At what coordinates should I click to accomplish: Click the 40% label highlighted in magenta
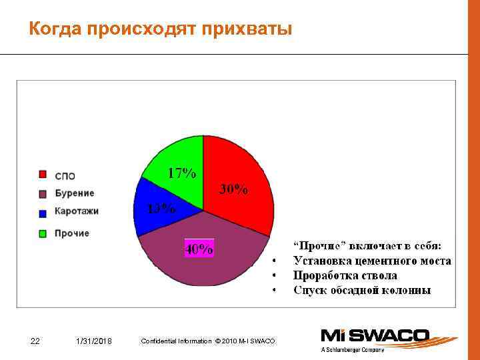tap(199, 249)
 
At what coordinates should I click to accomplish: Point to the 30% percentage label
tap(234, 189)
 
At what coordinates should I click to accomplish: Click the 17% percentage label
tap(181, 173)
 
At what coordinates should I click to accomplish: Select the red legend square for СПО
tap(43, 175)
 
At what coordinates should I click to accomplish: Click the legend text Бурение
tap(75, 193)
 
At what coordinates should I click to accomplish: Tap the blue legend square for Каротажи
tap(43, 213)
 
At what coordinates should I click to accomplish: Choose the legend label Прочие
tap(72, 233)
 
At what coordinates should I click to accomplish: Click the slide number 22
tap(36, 341)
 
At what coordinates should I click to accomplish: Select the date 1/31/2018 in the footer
tap(94, 341)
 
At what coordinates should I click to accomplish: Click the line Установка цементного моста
tap(372, 261)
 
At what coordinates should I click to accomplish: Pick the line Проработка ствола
tap(345, 275)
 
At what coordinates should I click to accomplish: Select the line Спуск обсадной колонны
tap(362, 290)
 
